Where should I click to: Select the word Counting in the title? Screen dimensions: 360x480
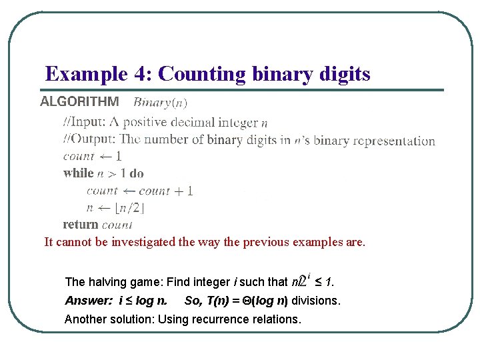(x=197, y=73)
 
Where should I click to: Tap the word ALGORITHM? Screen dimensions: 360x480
(x=80, y=102)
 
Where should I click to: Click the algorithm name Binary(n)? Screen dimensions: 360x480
(x=160, y=103)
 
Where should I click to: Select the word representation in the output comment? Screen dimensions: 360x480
(x=394, y=141)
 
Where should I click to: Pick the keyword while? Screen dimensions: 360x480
(x=79, y=173)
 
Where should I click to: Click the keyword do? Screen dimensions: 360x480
(x=137, y=173)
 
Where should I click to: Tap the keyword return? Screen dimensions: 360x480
(x=81, y=225)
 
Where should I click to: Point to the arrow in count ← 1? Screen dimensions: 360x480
(x=106, y=157)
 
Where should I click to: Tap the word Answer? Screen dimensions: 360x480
(x=89, y=301)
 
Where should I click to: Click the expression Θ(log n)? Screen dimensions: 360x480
(x=257, y=301)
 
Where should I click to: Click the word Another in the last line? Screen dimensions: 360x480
(x=85, y=319)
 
